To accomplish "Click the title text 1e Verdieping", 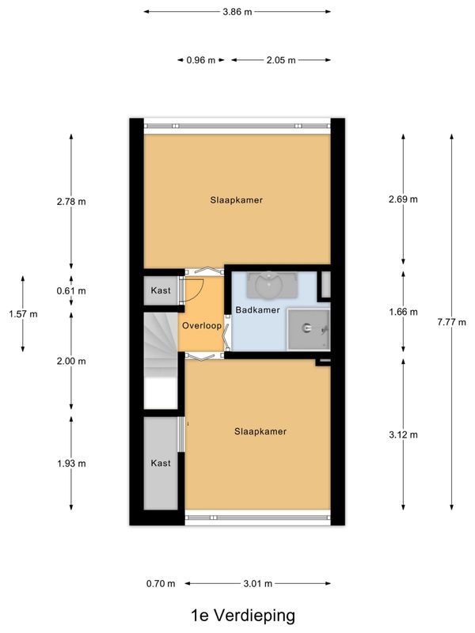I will [x=242, y=615].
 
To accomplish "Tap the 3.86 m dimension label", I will [x=237, y=12].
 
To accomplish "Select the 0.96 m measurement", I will [x=200, y=60].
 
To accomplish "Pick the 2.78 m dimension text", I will [x=71, y=202].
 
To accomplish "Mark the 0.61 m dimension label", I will [x=71, y=291].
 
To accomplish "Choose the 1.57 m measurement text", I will [x=23, y=314].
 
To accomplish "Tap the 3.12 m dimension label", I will [x=403, y=434].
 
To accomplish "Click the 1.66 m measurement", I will [x=403, y=312].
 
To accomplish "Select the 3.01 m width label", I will [x=257, y=584].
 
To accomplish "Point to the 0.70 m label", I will [x=161, y=584].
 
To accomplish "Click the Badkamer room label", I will [x=257, y=310].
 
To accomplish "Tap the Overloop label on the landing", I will [x=200, y=326].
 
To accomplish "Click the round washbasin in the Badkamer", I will [x=272, y=282].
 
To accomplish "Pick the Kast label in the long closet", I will [x=161, y=462].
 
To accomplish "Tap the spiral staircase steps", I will [x=161, y=344].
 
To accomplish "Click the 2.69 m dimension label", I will [x=403, y=199].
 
